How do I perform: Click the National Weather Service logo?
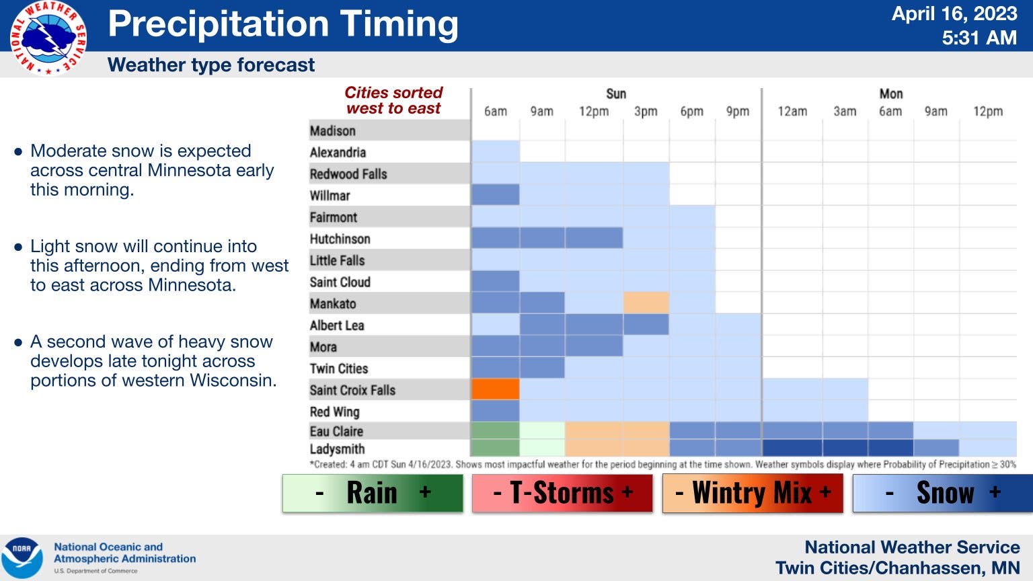pyautogui.click(x=48, y=38)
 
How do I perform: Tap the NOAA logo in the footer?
pyautogui.click(x=22, y=557)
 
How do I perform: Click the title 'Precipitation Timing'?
pyautogui.click(x=283, y=24)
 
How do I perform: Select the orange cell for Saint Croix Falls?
pyautogui.click(x=495, y=389)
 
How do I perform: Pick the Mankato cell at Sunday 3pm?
pyautogui.click(x=646, y=303)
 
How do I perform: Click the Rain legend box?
pyautogui.click(x=373, y=493)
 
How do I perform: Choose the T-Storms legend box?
pyautogui.click(x=562, y=493)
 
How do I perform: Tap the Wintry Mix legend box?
pyautogui.click(x=752, y=493)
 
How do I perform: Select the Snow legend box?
pyautogui.click(x=942, y=493)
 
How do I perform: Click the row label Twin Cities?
pyautogui.click(x=339, y=369)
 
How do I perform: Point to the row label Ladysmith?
pyautogui.click(x=337, y=449)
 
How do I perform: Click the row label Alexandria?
pyautogui.click(x=338, y=152)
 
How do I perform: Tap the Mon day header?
pyautogui.click(x=890, y=94)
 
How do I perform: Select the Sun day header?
pyautogui.click(x=615, y=94)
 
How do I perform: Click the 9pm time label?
pyautogui.click(x=737, y=112)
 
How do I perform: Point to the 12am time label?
pyautogui.click(x=792, y=112)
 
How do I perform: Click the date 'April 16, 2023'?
pyautogui.click(x=954, y=14)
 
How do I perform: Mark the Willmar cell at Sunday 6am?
pyautogui.click(x=495, y=195)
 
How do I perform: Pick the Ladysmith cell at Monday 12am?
pyautogui.click(x=792, y=448)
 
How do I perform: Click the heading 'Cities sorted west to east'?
pyautogui.click(x=393, y=100)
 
